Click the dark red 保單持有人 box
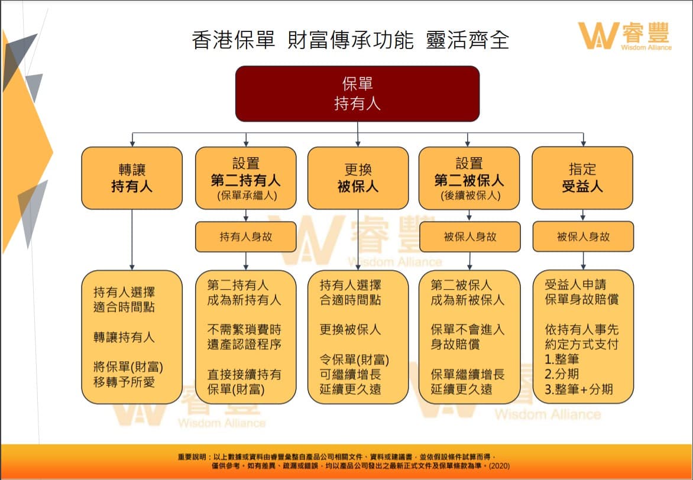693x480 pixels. (x=357, y=94)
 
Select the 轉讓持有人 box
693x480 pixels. (x=132, y=178)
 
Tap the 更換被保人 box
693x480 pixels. (x=358, y=178)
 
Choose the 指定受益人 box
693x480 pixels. (x=582, y=178)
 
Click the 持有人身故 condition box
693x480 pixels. (x=246, y=237)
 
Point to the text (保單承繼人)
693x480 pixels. (x=246, y=196)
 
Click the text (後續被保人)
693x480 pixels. (x=469, y=196)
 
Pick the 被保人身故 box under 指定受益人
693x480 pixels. (x=583, y=237)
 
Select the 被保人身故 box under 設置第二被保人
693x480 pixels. (x=470, y=237)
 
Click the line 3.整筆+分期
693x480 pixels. (x=578, y=390)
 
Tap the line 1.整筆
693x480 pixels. (x=562, y=359)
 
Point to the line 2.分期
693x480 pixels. (x=562, y=374)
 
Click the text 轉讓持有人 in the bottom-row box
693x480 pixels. (x=124, y=338)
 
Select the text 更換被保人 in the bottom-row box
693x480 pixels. (x=351, y=330)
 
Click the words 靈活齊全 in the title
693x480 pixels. (x=468, y=40)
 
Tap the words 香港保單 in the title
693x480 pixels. (x=234, y=40)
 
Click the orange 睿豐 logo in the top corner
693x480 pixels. (x=624, y=36)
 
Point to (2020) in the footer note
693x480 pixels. (x=500, y=466)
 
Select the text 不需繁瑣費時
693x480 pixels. (x=244, y=330)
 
